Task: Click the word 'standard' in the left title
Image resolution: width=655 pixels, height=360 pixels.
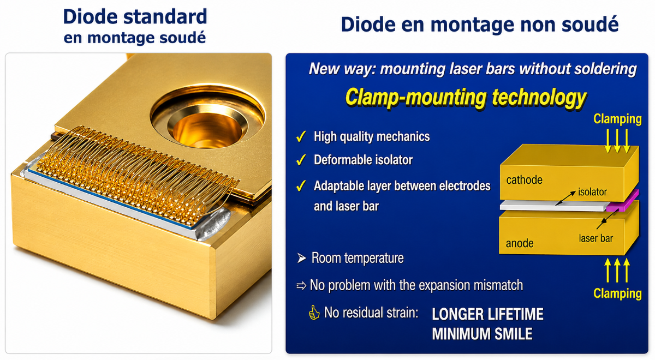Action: click(165, 17)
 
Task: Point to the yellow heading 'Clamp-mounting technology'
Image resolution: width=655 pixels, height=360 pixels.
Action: click(466, 98)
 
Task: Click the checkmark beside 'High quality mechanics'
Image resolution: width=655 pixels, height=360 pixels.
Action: click(301, 136)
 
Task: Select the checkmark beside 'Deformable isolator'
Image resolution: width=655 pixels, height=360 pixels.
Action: click(301, 160)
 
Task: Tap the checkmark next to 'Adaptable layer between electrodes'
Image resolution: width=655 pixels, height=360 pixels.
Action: click(301, 185)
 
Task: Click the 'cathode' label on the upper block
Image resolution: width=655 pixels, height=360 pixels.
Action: click(525, 180)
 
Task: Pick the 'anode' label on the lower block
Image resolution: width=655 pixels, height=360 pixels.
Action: click(520, 243)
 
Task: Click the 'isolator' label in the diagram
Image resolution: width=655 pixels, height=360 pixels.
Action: click(592, 192)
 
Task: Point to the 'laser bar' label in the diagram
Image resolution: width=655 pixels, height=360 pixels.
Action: click(596, 238)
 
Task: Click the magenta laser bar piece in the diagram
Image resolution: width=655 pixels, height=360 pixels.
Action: click(623, 202)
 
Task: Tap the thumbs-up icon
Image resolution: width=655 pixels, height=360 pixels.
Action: click(314, 313)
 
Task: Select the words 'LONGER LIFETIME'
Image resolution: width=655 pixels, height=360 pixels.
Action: click(488, 314)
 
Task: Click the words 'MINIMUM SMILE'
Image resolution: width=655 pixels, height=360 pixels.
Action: click(482, 334)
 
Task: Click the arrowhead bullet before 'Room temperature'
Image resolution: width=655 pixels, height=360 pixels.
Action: click(301, 258)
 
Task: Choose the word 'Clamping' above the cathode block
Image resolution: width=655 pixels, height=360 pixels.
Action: click(617, 119)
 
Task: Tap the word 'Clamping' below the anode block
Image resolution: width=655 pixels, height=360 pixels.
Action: click(617, 293)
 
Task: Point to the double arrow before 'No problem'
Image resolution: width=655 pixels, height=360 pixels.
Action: click(301, 285)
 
